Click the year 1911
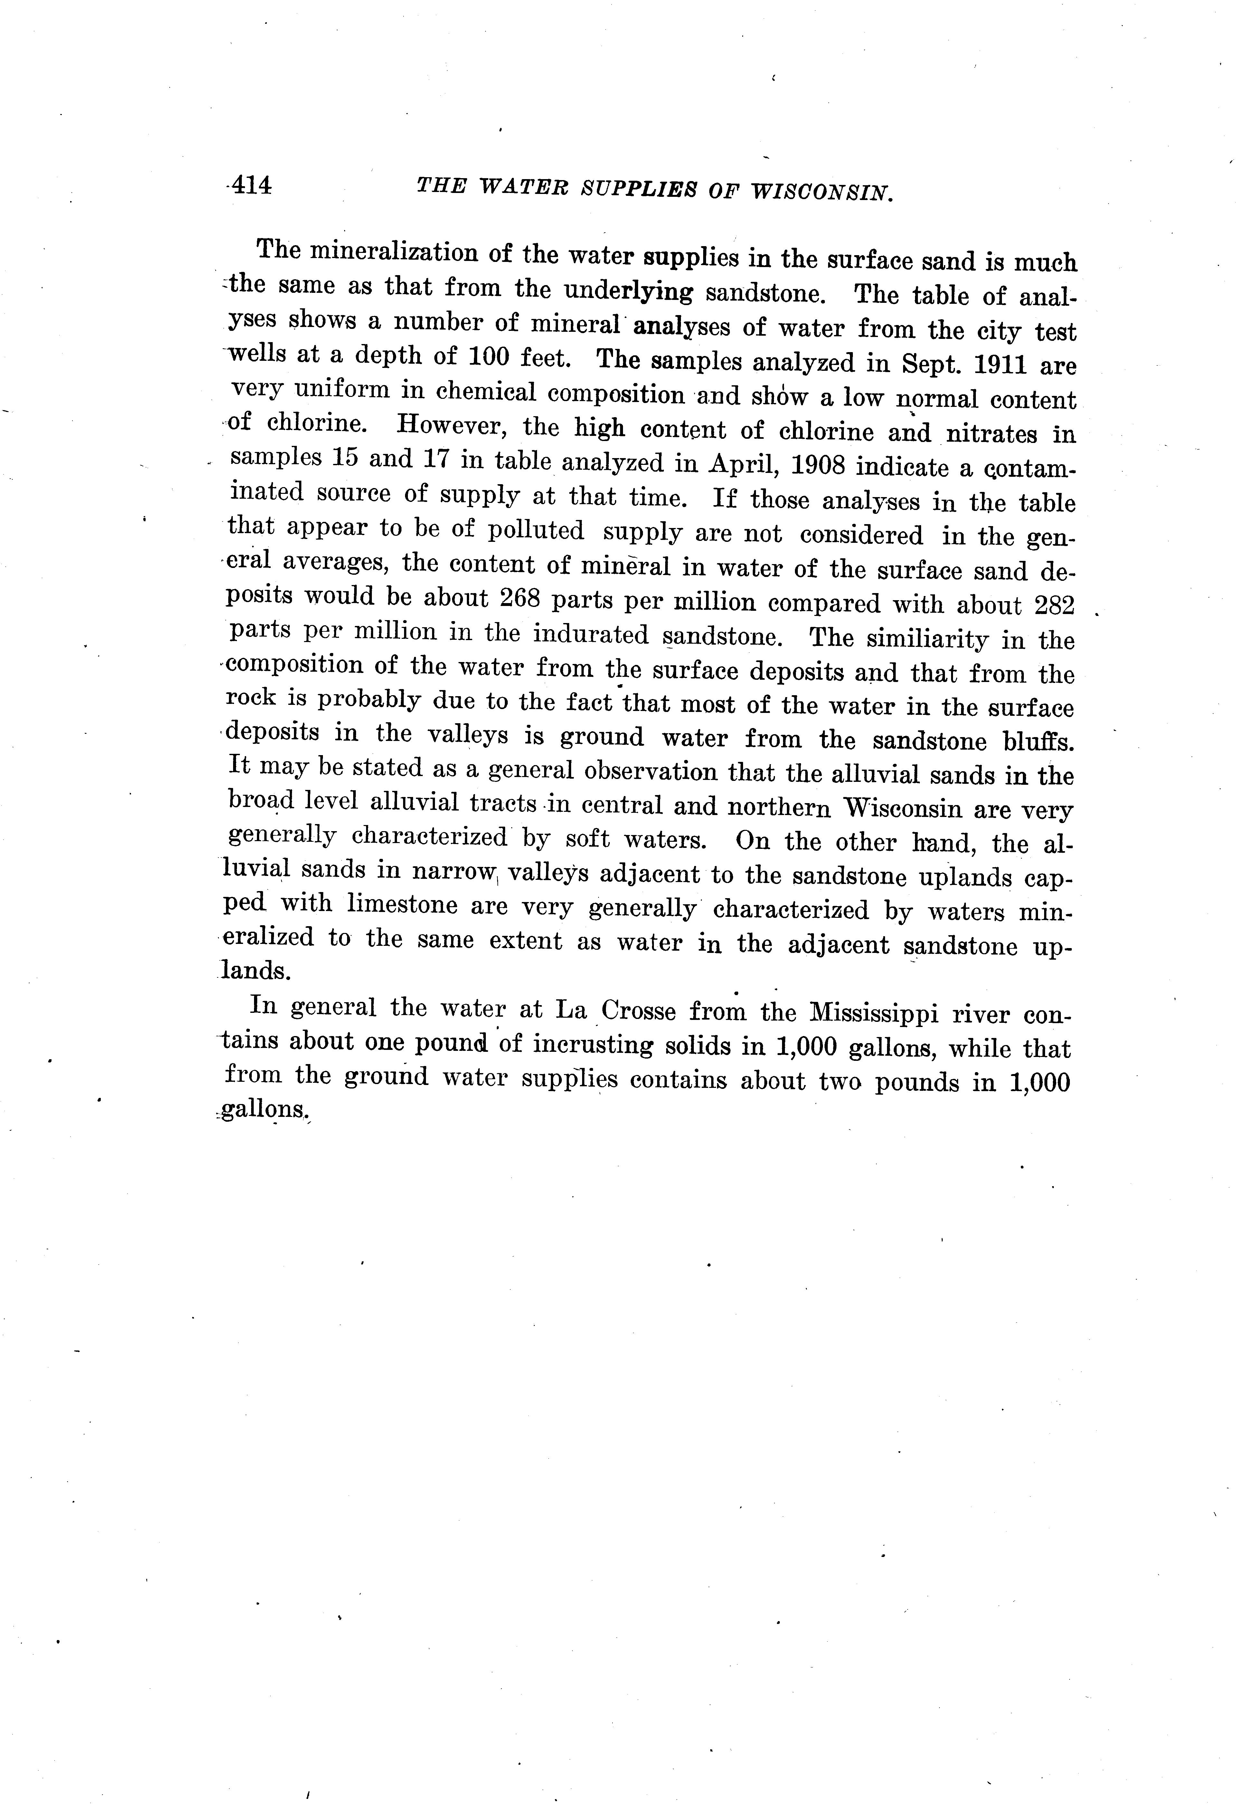tap(994, 363)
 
